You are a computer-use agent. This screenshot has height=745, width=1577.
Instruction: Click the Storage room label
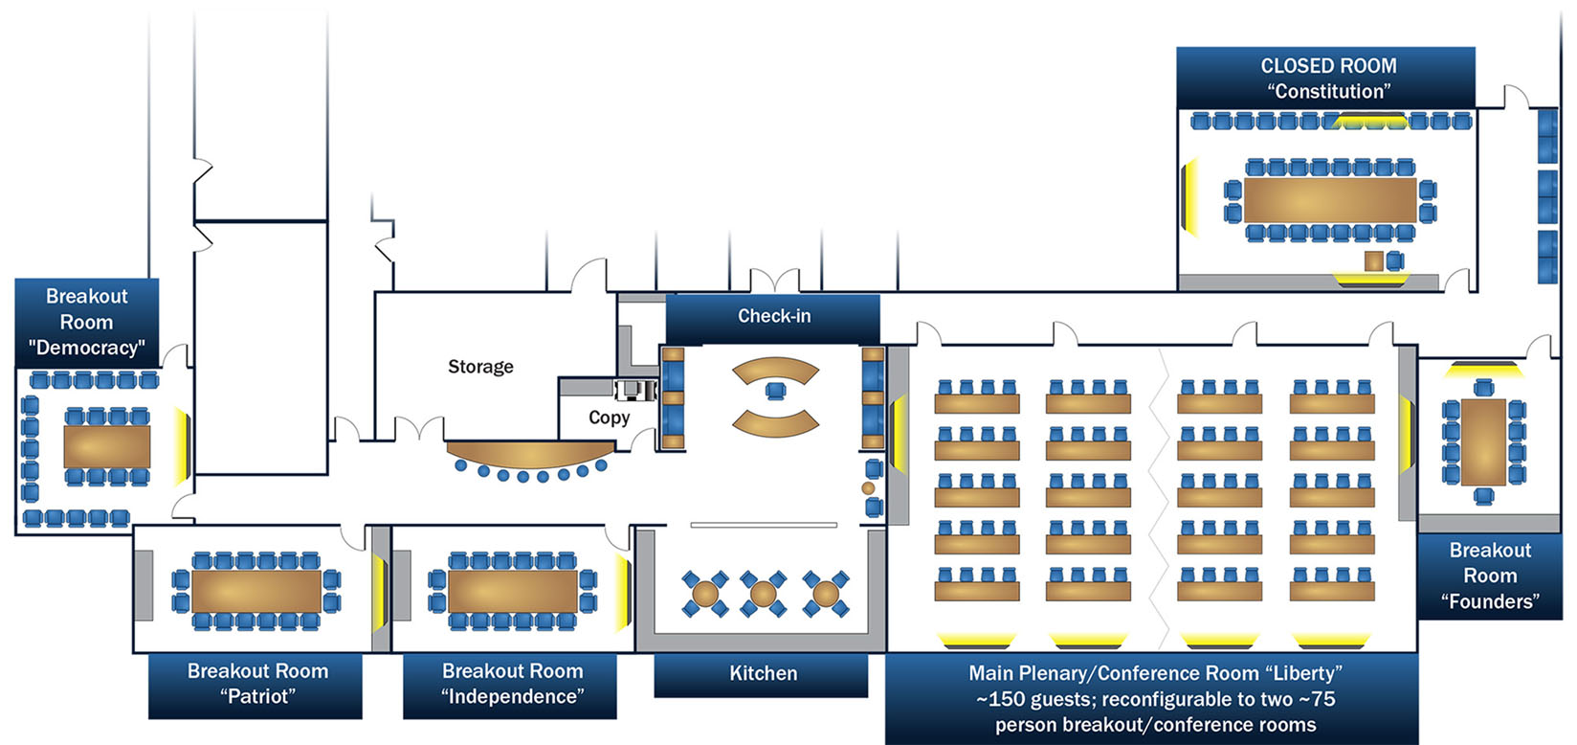[x=480, y=367]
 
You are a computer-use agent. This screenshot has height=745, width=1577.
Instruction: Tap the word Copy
[x=609, y=418]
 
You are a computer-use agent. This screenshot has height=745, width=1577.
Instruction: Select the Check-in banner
[x=773, y=317]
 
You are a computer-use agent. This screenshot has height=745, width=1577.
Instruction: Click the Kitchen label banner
[x=762, y=674]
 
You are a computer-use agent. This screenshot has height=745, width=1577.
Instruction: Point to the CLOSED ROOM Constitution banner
[x=1327, y=79]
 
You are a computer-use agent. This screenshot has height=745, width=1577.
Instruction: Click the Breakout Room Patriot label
[x=256, y=684]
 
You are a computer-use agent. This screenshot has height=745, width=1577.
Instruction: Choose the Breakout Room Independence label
[x=511, y=684]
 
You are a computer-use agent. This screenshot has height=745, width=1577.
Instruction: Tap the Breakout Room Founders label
[x=1489, y=576]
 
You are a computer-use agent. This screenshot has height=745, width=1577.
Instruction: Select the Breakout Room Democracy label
[x=86, y=322]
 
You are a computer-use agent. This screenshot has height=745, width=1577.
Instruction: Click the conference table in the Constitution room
[x=1330, y=200]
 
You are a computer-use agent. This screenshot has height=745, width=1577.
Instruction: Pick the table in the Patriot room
[x=256, y=591]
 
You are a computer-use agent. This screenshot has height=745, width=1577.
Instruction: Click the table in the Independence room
[x=513, y=591]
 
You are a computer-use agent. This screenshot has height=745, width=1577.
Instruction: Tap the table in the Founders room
[x=1483, y=441]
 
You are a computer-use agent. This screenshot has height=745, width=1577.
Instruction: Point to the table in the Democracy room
[x=106, y=446]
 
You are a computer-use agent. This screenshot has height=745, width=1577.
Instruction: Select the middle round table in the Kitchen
[x=763, y=594]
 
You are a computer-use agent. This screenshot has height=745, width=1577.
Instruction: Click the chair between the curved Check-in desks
[x=775, y=391]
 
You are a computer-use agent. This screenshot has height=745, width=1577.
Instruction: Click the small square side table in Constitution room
[x=1374, y=260]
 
